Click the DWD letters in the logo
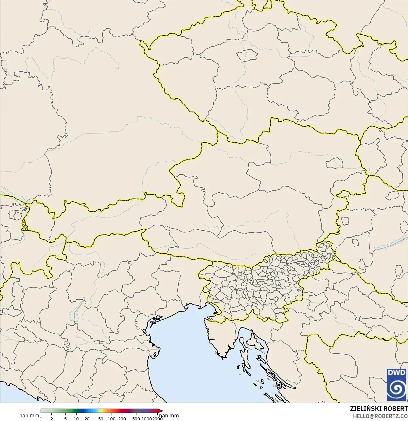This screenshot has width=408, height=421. coord(397,373)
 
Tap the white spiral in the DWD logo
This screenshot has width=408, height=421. coord(397,389)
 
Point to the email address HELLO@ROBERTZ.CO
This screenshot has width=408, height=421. coord(380,416)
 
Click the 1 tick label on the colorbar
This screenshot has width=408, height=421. coord(41,419)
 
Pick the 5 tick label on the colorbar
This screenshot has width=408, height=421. coord(65,419)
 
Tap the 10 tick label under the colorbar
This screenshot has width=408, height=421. coord(76,419)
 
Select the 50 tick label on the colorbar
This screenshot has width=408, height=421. coord(101,419)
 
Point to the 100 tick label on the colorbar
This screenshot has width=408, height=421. coord(112,419)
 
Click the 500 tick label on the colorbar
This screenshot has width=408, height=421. coord(136,419)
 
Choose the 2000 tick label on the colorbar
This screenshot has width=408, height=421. coord(157,419)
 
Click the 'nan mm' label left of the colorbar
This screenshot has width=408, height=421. coord(29,416)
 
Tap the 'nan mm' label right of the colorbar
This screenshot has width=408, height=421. coord(169,416)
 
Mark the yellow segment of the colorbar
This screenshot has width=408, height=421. coord(101,411)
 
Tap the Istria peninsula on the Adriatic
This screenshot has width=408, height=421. coord(220,337)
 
